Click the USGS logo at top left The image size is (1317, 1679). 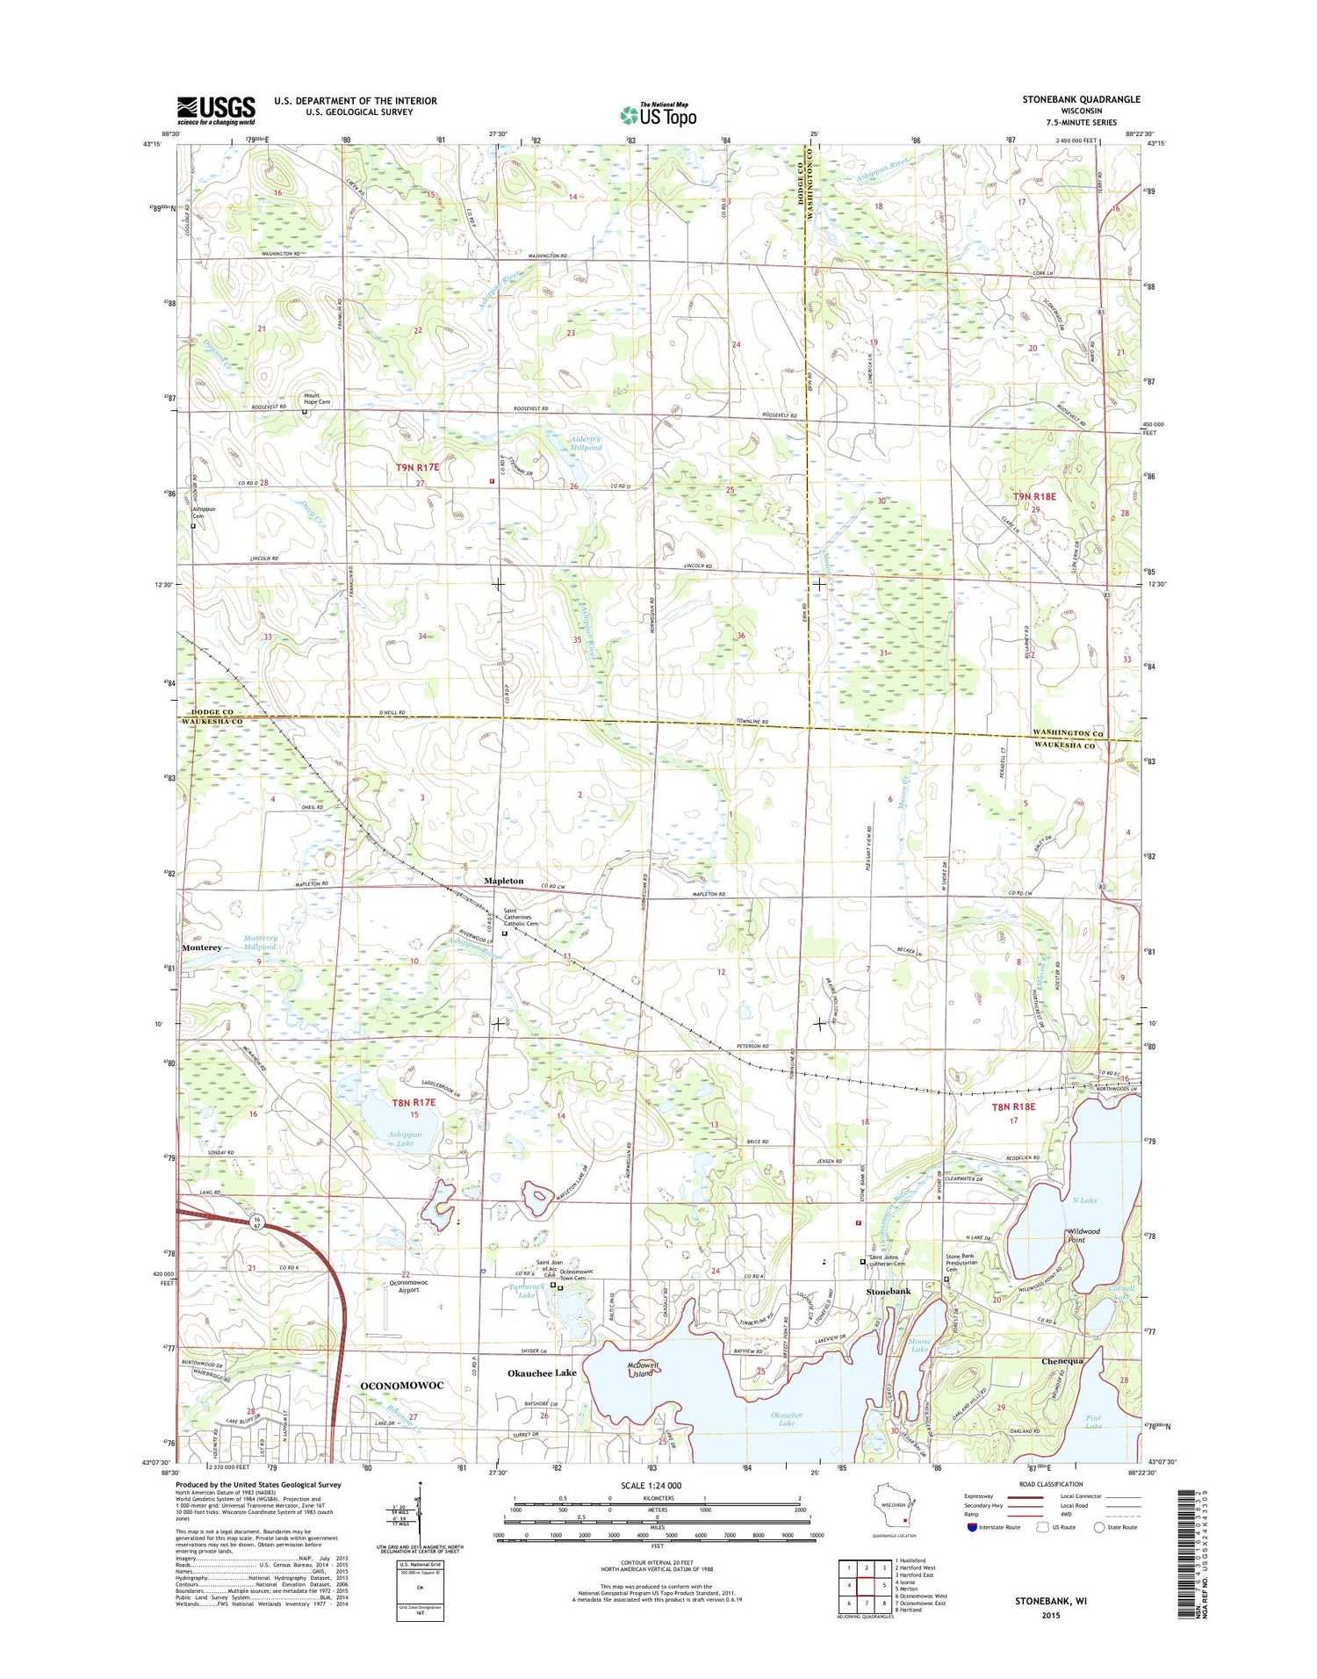point(216,111)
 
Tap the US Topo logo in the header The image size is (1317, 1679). point(658,115)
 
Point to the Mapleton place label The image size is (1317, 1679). point(504,881)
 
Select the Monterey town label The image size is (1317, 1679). point(202,948)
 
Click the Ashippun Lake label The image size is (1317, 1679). point(405,1139)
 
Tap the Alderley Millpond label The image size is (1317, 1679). point(586,443)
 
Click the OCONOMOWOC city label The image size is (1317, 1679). point(402,1385)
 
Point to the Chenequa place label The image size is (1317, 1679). point(1063,1361)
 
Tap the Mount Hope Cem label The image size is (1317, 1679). point(318,399)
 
